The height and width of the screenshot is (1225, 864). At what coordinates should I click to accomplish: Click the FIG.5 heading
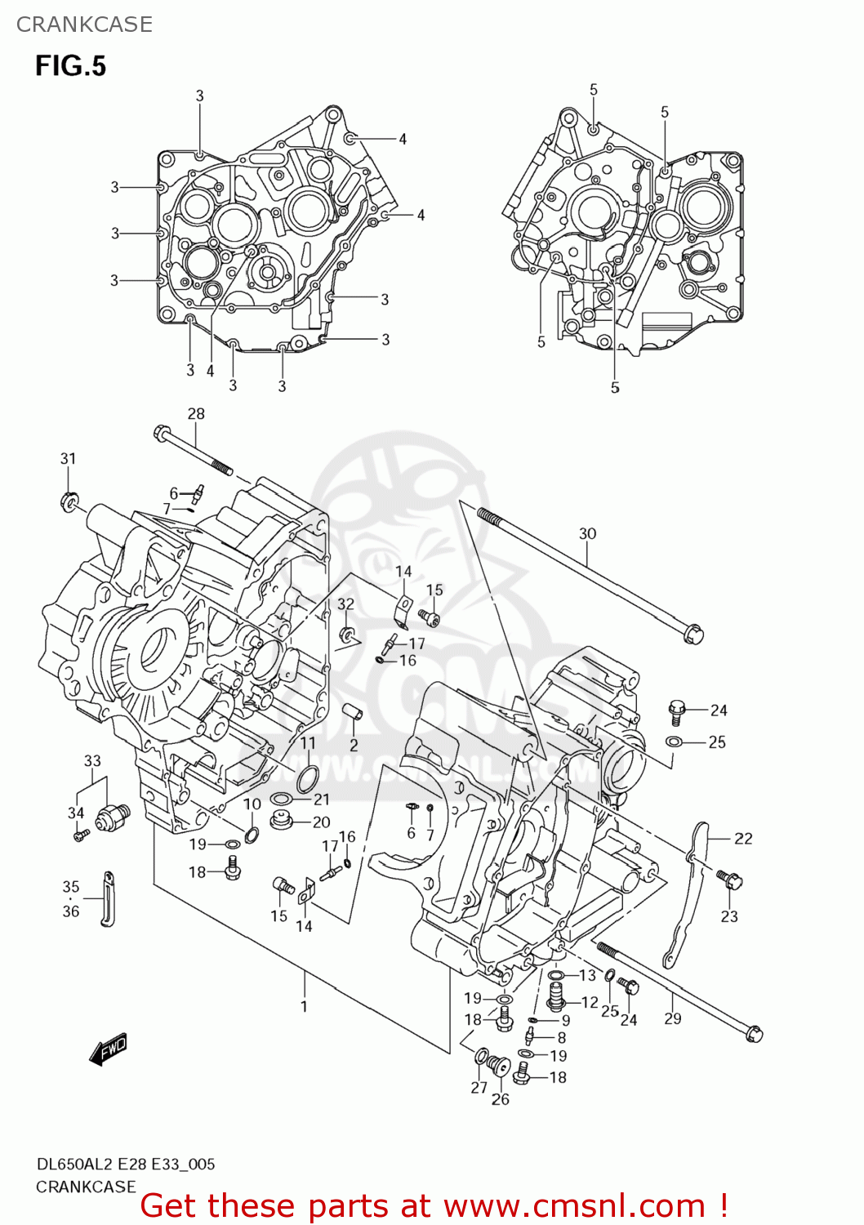coord(70,65)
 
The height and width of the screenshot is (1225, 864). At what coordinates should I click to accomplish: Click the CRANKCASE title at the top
coord(84,24)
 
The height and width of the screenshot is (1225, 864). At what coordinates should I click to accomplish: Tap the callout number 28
coord(196,414)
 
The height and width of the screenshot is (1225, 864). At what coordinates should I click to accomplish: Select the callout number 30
coord(587,534)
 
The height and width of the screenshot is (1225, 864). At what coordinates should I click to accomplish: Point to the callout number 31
coord(68,459)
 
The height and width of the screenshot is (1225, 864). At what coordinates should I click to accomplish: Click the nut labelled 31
coord(69,499)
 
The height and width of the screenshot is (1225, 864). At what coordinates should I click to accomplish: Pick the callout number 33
coord(92,761)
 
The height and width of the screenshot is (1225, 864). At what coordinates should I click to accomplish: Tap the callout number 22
coord(743,839)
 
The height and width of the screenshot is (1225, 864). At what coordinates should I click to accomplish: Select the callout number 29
coord(672,1018)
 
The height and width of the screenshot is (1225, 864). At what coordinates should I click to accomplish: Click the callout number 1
coord(304,1006)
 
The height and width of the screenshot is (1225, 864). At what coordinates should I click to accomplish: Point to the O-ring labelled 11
coord(305,780)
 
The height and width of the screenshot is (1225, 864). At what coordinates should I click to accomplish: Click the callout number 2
coord(354,745)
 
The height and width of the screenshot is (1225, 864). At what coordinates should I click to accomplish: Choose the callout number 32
coord(346,604)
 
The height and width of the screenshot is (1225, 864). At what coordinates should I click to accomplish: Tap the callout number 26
coord(501,1099)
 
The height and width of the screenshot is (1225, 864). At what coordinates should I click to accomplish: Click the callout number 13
coord(588,975)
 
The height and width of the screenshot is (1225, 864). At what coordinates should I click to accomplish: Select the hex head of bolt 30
coord(693,634)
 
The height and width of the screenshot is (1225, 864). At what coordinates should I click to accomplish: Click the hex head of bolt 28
coord(160,432)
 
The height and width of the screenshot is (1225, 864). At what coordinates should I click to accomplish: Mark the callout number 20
coord(322,822)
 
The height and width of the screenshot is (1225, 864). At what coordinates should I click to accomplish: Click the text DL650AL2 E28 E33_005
coord(126,1165)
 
